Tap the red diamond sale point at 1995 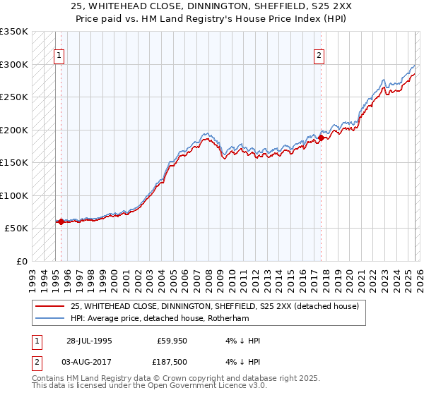point(61,221)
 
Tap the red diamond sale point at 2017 point(321,138)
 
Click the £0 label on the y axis point(20,261)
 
